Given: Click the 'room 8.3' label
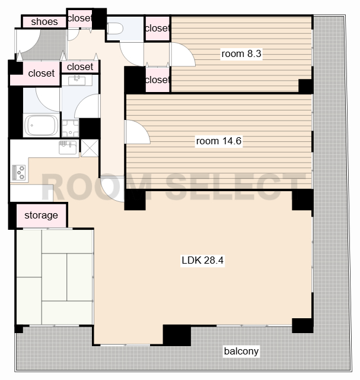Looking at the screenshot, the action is [241, 53].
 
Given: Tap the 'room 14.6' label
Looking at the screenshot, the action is [219, 141].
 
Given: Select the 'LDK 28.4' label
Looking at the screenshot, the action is [203, 260].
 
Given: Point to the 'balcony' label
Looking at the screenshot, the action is [241, 351].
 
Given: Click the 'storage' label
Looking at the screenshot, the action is [41, 215].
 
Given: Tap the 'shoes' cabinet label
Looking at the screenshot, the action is [44, 22].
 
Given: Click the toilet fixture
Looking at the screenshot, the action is [115, 28].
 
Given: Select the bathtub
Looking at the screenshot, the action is [42, 125].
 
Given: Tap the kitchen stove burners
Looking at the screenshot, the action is [18, 172].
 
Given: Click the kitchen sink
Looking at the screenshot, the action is [68, 147].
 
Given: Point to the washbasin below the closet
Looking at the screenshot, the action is [77, 81].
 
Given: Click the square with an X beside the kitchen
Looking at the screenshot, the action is [90, 148].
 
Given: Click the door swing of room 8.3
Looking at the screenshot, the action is [183, 54].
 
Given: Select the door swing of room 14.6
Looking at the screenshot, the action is [138, 132].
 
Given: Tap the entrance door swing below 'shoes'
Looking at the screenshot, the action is [28, 42].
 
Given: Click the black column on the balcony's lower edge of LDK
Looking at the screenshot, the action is [177, 335].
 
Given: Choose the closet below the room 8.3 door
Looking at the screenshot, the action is [158, 80].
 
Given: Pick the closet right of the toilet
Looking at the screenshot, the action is [158, 28].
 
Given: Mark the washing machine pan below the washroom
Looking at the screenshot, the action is [71, 128].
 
